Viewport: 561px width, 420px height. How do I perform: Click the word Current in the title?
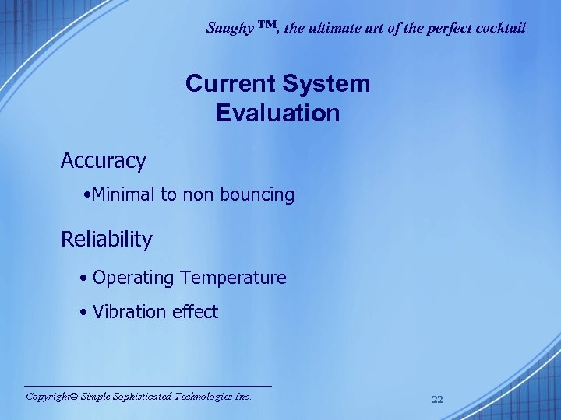[x=228, y=84]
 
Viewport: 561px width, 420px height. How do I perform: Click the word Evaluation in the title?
[x=277, y=114]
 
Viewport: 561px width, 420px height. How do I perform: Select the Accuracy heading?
[x=104, y=162]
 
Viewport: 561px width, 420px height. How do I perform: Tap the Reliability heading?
[x=107, y=240]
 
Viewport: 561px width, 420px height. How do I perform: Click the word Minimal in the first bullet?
[x=124, y=195]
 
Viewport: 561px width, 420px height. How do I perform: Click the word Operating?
[x=134, y=278]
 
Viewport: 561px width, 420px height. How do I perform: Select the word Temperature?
[x=233, y=278]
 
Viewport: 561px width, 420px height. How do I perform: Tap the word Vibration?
[x=127, y=313]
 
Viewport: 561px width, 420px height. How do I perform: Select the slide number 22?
[x=437, y=400]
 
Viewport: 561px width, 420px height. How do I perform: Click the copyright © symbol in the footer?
[x=73, y=397]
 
